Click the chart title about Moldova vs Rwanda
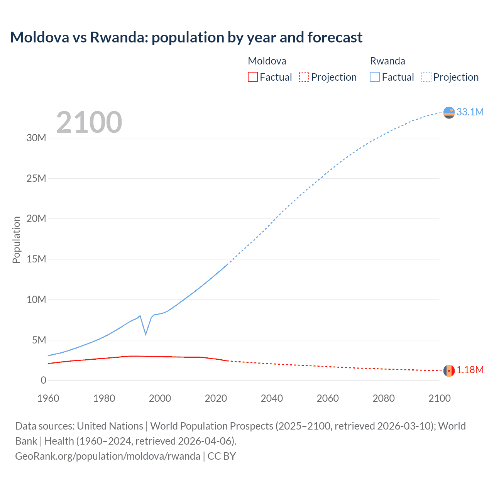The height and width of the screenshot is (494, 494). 186,37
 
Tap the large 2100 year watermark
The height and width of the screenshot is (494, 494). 89,122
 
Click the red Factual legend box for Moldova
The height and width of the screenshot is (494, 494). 252,77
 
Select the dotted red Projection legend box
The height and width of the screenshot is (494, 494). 304,77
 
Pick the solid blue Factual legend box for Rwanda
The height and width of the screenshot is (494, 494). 374,77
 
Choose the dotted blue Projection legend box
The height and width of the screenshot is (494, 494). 426,77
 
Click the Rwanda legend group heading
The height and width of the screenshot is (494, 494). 387,61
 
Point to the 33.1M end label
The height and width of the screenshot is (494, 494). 470,112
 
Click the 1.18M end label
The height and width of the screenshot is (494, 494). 470,370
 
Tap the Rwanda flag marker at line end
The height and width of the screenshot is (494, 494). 449,113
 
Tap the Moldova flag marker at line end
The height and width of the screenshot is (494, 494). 449,371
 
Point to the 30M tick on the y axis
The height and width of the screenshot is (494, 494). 36,138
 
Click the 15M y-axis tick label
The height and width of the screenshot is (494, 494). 36,259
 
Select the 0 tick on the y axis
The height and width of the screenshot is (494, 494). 43,380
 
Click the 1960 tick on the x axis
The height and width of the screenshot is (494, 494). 48,398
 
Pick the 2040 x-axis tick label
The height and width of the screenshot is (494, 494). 272,398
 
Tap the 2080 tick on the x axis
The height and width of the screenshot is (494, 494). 384,398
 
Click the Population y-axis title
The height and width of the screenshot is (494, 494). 16,240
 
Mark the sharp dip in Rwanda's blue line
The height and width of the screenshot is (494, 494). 145,333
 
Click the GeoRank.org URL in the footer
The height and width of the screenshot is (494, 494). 108,456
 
